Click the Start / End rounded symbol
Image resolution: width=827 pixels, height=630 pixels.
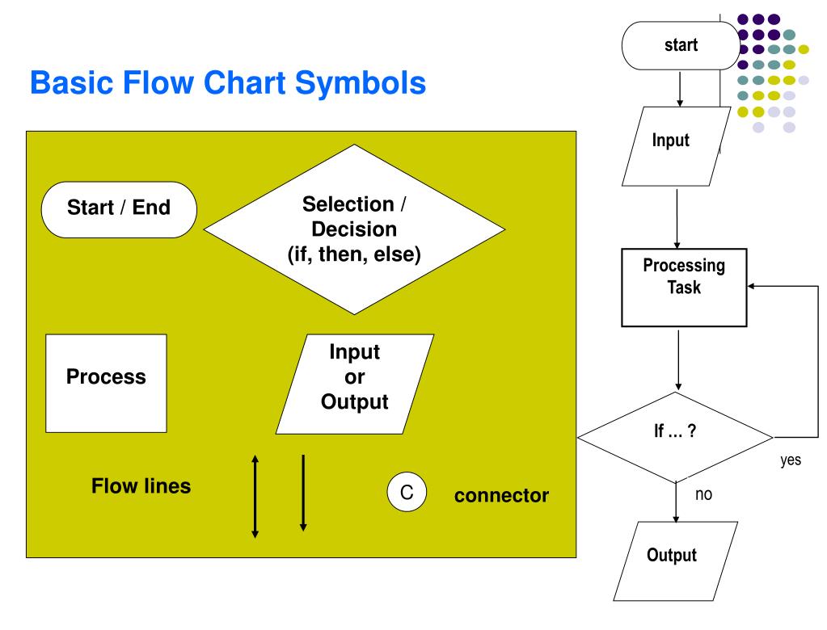[x=119, y=210]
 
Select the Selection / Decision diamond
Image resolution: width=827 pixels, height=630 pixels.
[x=354, y=229]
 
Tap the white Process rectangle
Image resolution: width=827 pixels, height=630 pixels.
[x=106, y=384]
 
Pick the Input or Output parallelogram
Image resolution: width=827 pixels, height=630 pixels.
[x=354, y=384]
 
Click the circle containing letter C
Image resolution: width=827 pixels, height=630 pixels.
[x=407, y=492]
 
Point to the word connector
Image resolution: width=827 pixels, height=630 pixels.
[x=501, y=496]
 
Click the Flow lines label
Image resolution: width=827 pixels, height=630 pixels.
[x=141, y=485]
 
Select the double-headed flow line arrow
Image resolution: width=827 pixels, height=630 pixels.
[x=255, y=497]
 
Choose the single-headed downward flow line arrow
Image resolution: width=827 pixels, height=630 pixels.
[x=303, y=493]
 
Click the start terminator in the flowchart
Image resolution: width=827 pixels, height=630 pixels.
[x=681, y=46]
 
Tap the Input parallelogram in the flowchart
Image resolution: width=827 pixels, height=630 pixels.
[x=676, y=146]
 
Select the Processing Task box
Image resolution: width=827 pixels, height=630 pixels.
[x=684, y=288]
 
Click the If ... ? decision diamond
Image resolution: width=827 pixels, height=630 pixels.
[x=675, y=437]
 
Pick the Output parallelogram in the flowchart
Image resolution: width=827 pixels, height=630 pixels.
[x=675, y=561]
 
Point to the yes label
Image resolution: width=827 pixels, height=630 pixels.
[x=791, y=460]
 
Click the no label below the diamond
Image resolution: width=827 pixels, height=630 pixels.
[x=703, y=494]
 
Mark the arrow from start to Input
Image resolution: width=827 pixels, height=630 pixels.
[x=680, y=90]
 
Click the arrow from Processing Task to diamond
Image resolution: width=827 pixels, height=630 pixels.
[x=678, y=360]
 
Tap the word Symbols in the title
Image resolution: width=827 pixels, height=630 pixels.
[x=361, y=83]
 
